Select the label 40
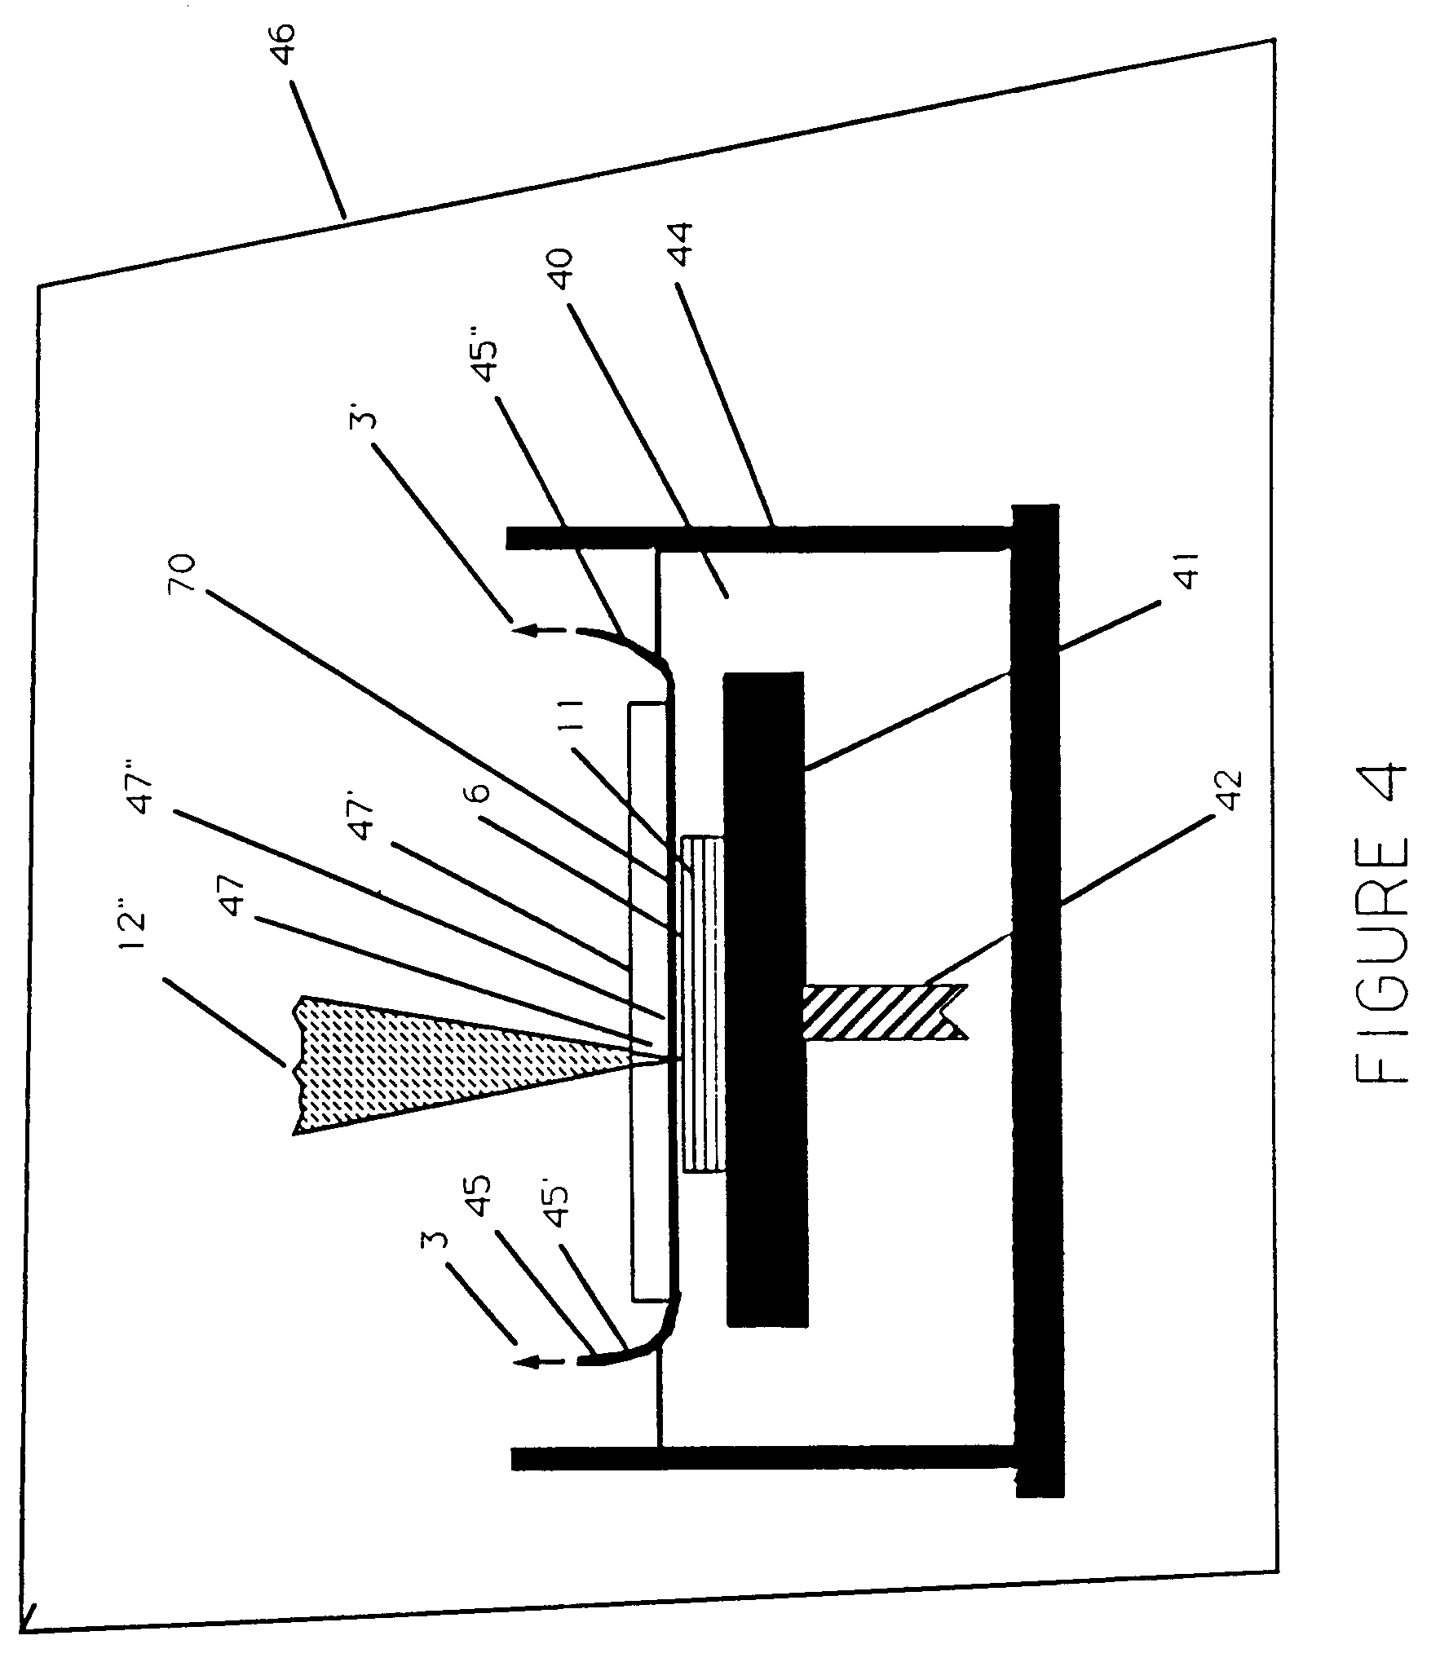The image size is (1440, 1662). (x=565, y=279)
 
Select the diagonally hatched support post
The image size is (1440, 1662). (x=886, y=1012)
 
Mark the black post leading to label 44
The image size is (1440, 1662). (x=760, y=538)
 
